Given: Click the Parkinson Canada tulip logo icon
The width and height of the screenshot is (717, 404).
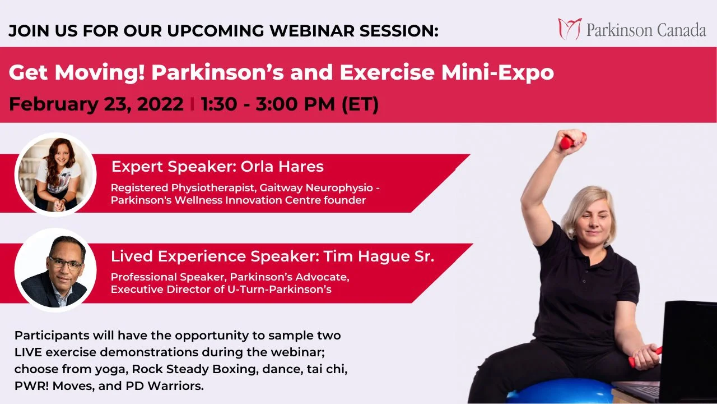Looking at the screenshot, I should (570, 29).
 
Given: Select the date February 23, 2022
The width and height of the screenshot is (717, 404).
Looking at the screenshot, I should (96, 104).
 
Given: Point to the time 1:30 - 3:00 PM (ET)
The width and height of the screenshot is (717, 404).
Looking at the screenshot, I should (290, 104).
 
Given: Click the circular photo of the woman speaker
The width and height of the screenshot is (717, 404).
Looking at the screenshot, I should (55, 174).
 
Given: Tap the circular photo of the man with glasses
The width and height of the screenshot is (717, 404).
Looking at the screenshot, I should (55, 270).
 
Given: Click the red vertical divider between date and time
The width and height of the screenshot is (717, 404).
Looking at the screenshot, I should (192, 104).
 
